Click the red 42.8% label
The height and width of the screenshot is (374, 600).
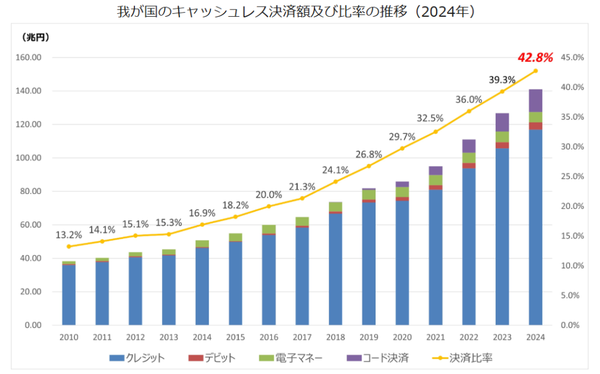(x=535, y=58)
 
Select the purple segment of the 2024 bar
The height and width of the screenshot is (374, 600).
(x=535, y=100)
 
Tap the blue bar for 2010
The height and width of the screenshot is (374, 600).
(x=68, y=294)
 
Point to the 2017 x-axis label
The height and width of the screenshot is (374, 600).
(x=302, y=337)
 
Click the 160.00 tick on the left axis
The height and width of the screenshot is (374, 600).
(x=28, y=58)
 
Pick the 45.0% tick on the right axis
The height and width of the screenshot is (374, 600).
(x=572, y=58)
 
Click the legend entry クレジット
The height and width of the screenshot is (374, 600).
(x=137, y=358)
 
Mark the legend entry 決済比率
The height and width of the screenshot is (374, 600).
(x=463, y=358)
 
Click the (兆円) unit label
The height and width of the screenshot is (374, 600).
(x=35, y=37)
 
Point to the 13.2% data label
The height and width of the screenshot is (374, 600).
(x=68, y=234)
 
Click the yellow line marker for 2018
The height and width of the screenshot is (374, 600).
(x=335, y=181)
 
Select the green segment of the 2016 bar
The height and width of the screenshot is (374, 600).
(x=269, y=229)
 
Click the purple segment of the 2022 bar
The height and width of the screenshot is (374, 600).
(x=469, y=146)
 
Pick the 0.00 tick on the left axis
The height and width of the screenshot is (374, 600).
(x=31, y=325)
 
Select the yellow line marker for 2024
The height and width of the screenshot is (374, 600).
(x=535, y=71)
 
